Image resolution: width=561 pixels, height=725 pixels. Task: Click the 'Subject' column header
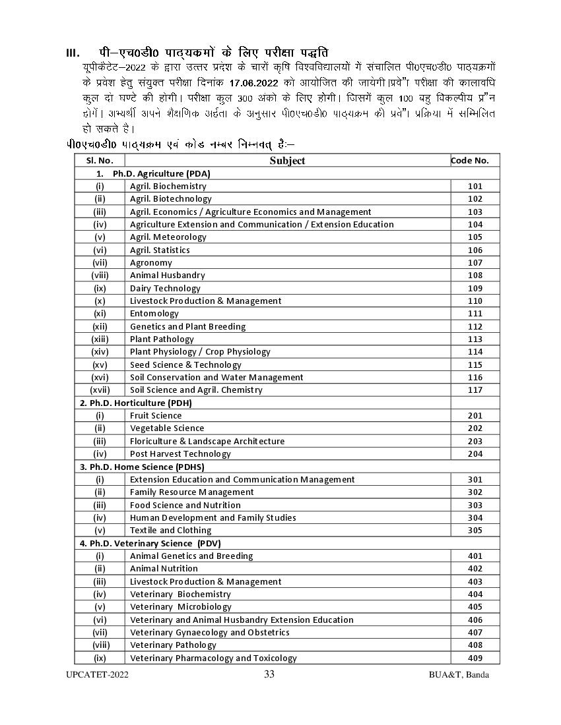pyautogui.click(x=287, y=160)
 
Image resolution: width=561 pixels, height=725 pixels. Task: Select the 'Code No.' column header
pyautogui.click(x=470, y=160)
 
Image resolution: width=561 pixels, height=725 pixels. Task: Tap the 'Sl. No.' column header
pyautogui.click(x=100, y=160)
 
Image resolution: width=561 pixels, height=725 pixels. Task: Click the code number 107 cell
pyautogui.click(x=475, y=262)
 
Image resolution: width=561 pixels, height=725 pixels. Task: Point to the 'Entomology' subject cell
pyautogui.click(x=154, y=314)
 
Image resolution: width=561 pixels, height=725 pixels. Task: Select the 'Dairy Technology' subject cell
pyautogui.click(x=165, y=288)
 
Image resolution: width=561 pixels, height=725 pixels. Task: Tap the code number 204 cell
pyautogui.click(x=475, y=453)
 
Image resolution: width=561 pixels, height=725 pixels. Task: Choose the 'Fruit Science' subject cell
pyautogui.click(x=156, y=415)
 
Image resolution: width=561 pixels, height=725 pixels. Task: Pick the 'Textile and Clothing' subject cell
pyautogui.click(x=170, y=530)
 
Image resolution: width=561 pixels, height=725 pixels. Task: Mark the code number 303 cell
pyautogui.click(x=475, y=505)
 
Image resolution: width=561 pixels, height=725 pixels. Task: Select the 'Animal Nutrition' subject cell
pyautogui.click(x=164, y=568)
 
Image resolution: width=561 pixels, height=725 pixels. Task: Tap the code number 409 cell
pyautogui.click(x=475, y=658)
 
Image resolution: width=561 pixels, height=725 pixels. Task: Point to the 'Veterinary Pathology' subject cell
pyautogui.click(x=173, y=645)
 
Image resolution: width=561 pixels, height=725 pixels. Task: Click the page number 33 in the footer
pyautogui.click(x=269, y=674)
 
